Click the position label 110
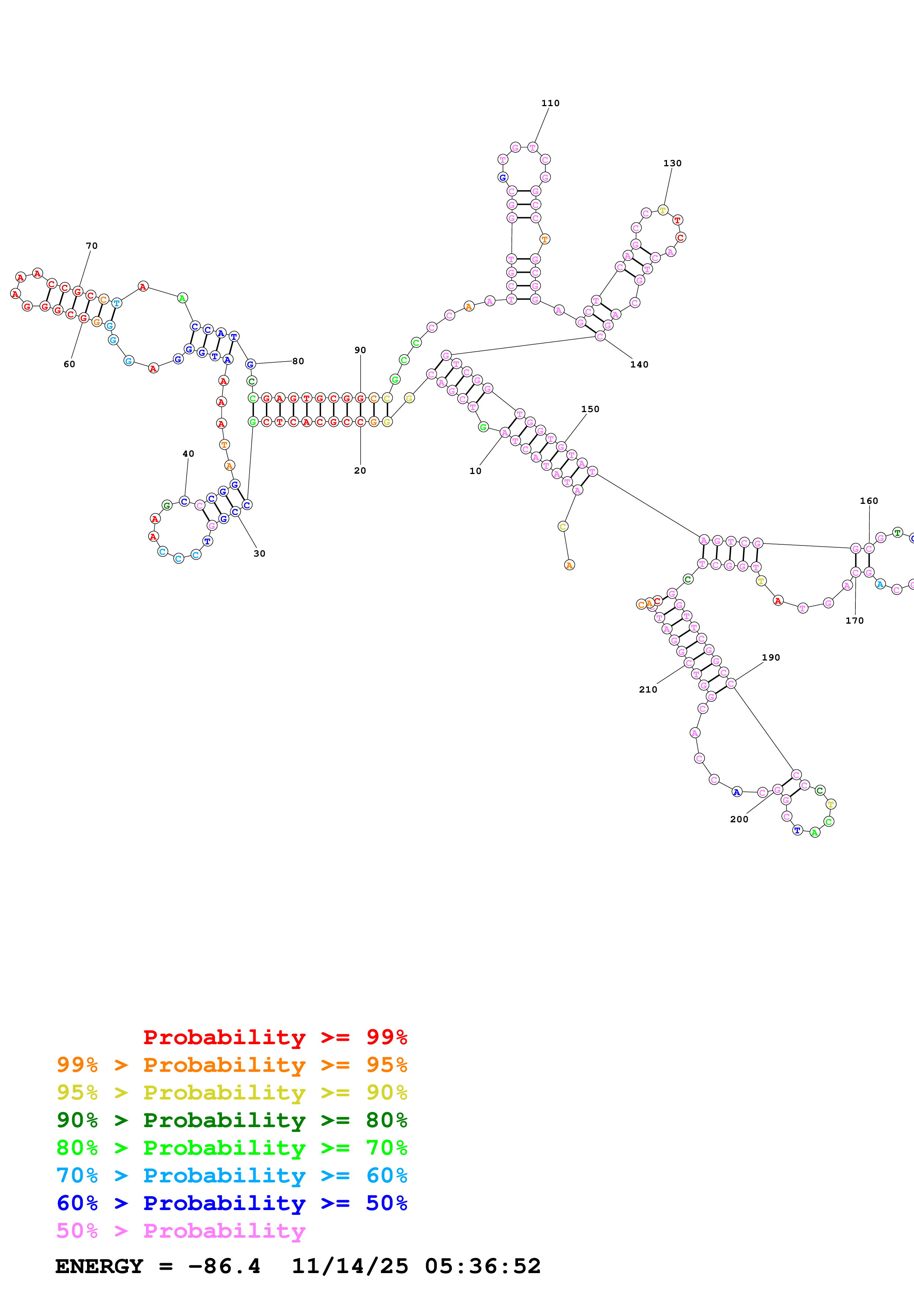pyautogui.click(x=550, y=103)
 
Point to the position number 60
pyautogui.click(x=69, y=365)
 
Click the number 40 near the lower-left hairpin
pyautogui.click(x=188, y=453)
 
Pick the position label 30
pyautogui.click(x=259, y=554)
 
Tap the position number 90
pyautogui.click(x=360, y=350)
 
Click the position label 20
pyautogui.click(x=360, y=471)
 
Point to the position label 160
pyautogui.click(x=868, y=501)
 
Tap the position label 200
pyautogui.click(x=739, y=819)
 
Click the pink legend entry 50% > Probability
pyautogui.click(x=181, y=1231)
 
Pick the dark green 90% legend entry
pyautogui.click(x=232, y=1120)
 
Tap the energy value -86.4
pyautogui.click(x=224, y=1266)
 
